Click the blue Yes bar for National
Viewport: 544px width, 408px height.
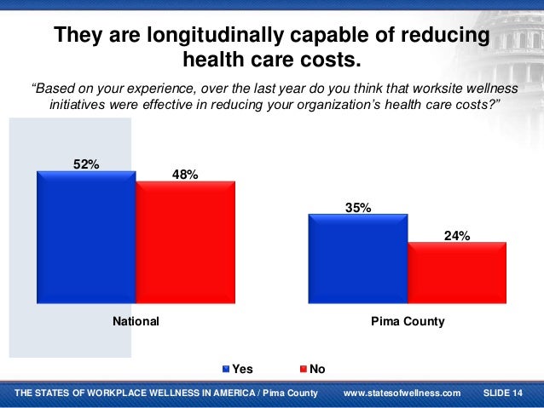[x=86, y=237]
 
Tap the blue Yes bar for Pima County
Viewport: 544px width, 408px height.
[x=358, y=258]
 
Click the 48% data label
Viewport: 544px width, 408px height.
[x=185, y=175]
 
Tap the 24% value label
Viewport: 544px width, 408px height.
[x=457, y=237]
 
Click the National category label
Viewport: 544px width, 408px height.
[x=136, y=323]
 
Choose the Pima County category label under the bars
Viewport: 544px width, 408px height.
[x=408, y=323]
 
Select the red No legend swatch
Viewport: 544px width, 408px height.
[x=304, y=369]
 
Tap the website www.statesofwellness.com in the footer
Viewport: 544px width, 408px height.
[x=402, y=393]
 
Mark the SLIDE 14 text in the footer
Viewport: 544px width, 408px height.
[x=503, y=393]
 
